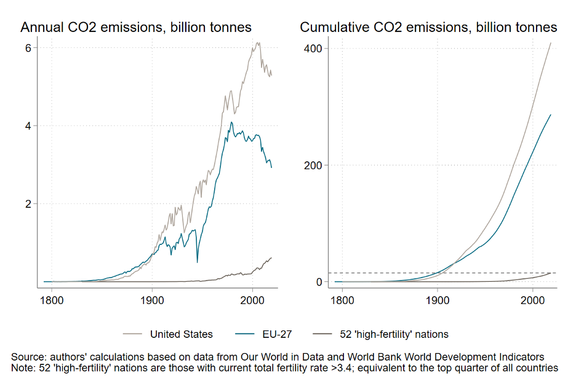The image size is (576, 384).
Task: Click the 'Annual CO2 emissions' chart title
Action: click(136, 27)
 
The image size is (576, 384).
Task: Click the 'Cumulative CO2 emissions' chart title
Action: click(428, 27)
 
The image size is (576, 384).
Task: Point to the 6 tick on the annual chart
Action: click(28, 48)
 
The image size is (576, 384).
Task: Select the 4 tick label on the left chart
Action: click(28, 126)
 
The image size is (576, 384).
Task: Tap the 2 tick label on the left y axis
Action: click(28, 204)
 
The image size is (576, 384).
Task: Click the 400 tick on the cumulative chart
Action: click(314, 48)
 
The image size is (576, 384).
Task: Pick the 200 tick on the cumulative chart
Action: click(314, 165)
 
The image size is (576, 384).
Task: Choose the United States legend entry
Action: click(181, 334)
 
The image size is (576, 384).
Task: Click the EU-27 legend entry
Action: click(277, 334)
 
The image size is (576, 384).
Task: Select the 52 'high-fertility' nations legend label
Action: click(394, 334)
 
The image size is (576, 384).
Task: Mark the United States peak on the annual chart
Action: click(258, 42)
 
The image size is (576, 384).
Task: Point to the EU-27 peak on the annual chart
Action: click(231, 122)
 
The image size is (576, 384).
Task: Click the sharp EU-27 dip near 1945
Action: click(197, 262)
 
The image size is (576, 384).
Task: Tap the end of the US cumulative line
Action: click(551, 42)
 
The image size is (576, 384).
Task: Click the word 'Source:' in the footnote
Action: click(29, 357)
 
